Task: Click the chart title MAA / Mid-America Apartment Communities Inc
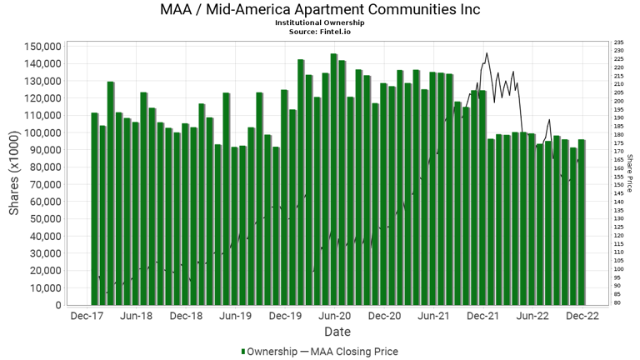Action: [319, 10]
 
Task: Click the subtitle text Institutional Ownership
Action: [319, 22]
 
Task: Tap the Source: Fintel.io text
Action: [319, 31]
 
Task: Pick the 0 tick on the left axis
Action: [56, 305]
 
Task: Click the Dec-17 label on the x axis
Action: [87, 317]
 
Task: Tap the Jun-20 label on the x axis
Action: [334, 317]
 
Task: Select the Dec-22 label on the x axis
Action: [582, 317]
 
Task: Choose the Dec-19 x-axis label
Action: [285, 317]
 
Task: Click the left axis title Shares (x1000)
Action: [15, 176]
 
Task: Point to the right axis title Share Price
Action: [631, 175]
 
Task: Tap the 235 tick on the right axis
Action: [617, 42]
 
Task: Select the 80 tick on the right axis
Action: [616, 302]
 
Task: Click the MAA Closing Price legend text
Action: [353, 352]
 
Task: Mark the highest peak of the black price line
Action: [487, 53]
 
